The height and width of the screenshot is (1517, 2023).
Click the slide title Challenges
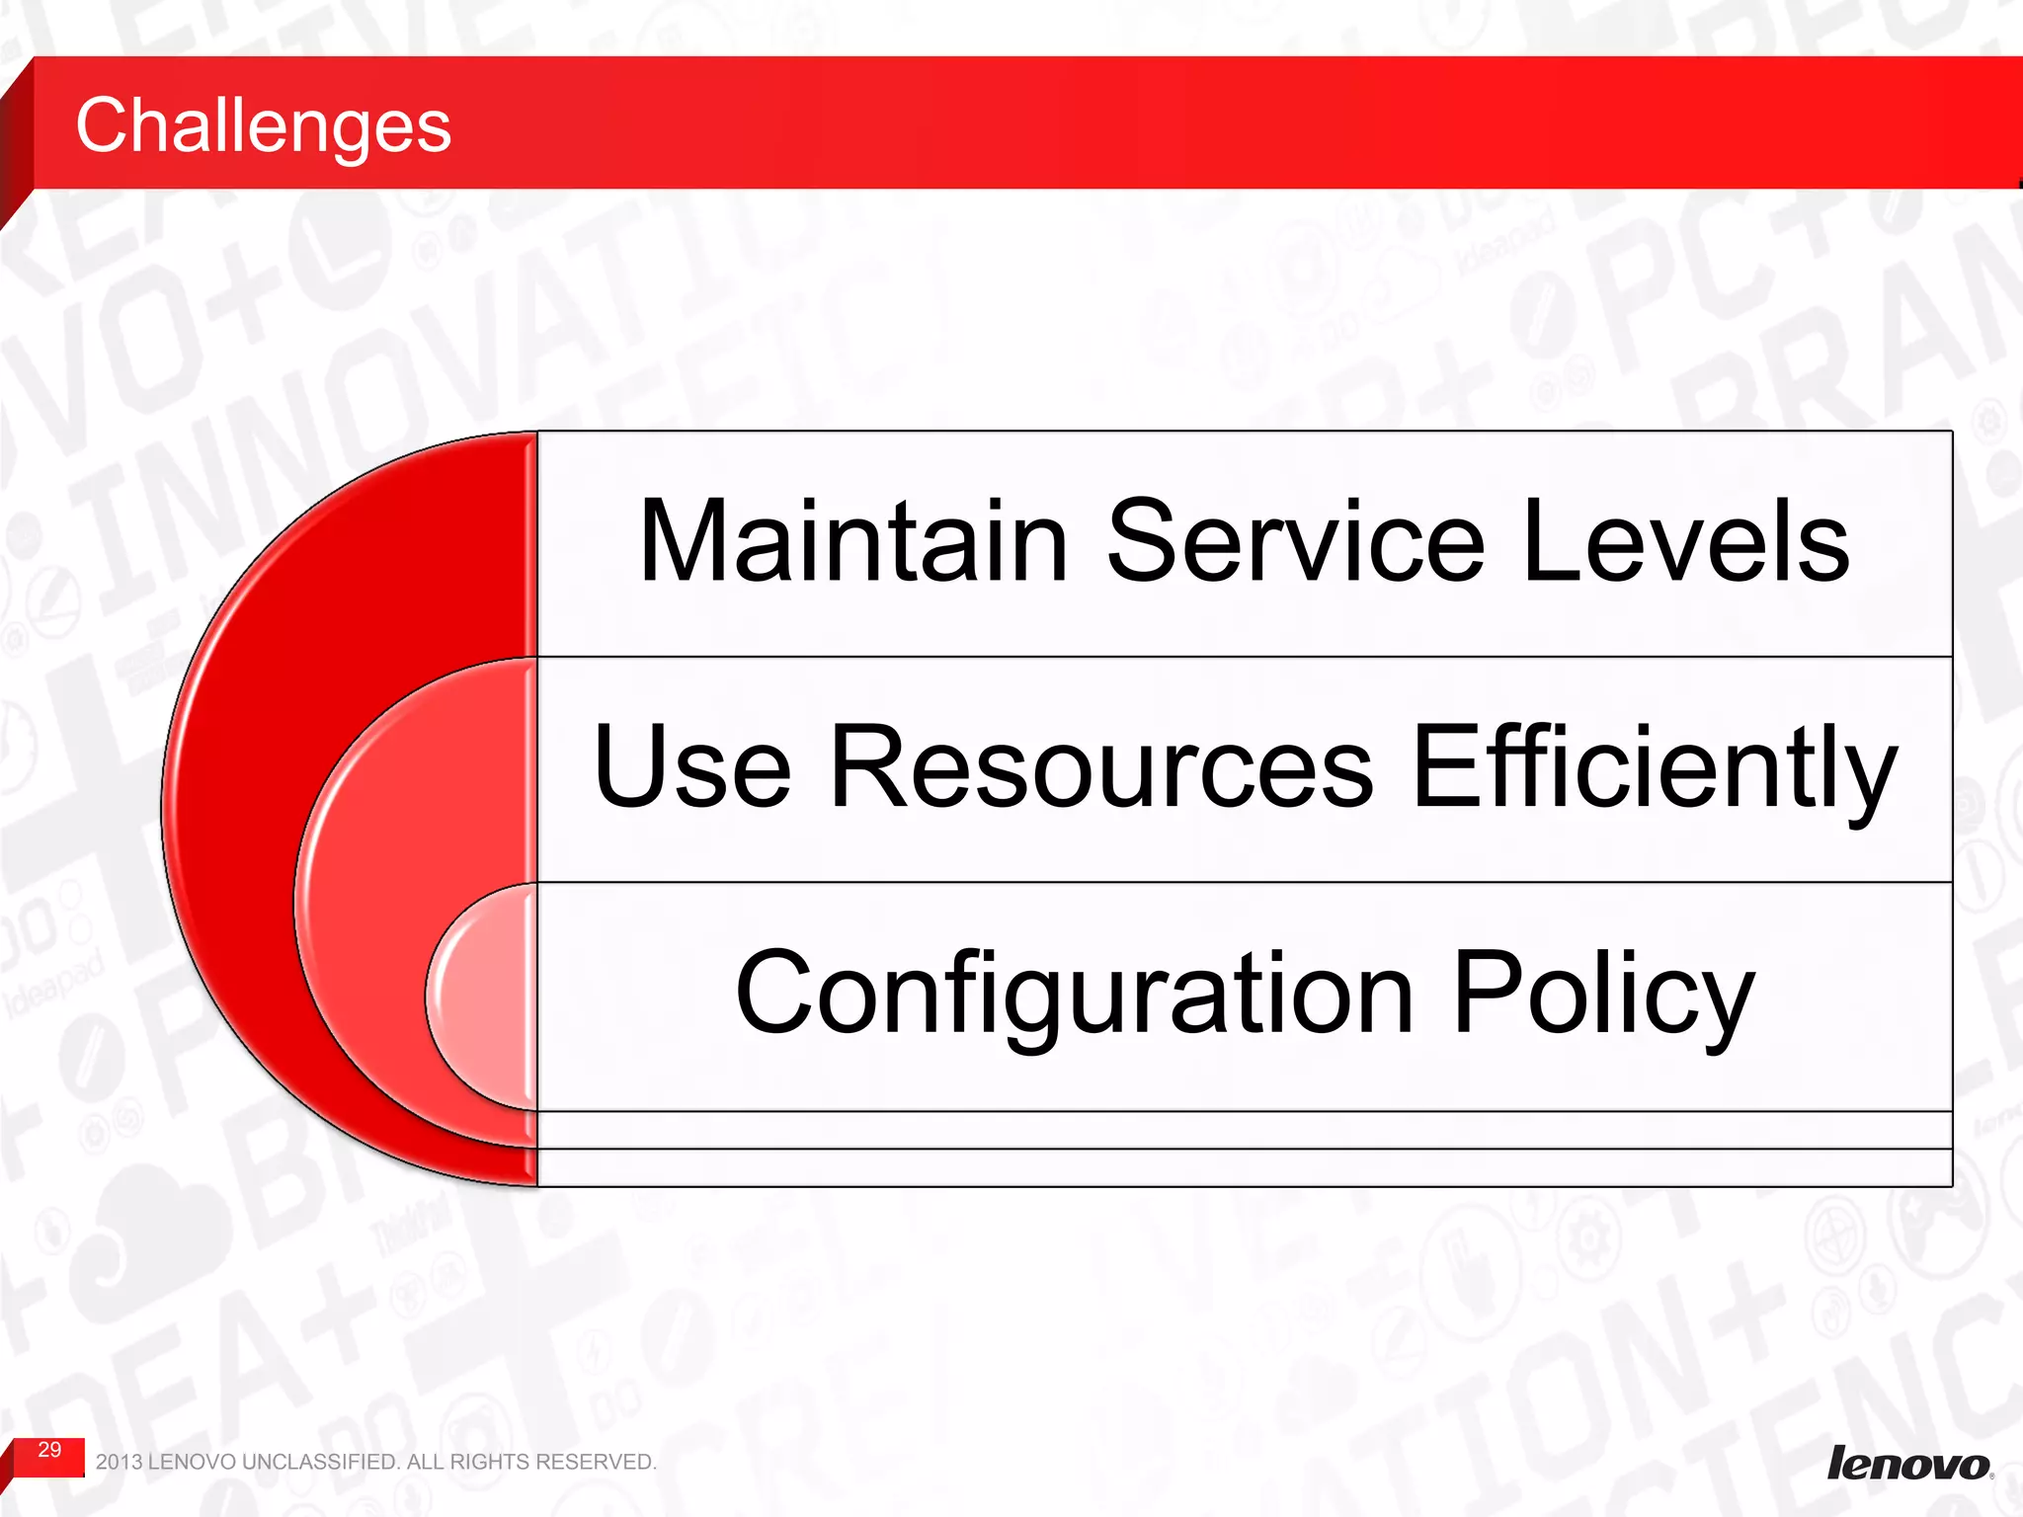coord(263,125)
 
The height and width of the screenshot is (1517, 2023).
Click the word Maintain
coord(853,541)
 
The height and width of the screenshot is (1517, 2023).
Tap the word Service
coord(1295,541)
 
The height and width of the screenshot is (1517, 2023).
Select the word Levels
coord(1685,541)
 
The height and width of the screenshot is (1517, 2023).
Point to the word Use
coord(691,766)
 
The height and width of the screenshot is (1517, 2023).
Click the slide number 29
coord(49,1450)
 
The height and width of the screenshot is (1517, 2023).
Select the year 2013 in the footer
coord(119,1462)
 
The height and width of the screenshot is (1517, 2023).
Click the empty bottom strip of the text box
coord(1245,1167)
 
